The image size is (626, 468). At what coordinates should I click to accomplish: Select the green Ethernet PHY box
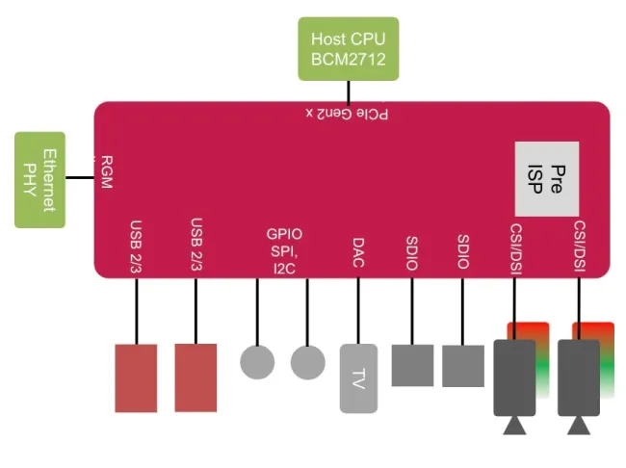point(39,180)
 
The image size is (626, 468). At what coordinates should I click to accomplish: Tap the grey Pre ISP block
point(546,178)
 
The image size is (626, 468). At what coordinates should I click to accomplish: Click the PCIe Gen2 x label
point(349,114)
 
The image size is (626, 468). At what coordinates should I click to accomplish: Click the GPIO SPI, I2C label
point(284,249)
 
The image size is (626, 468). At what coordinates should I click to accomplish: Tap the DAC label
point(357,252)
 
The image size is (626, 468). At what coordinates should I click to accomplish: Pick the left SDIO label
point(412,252)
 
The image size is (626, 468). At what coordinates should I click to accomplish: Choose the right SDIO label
point(463,252)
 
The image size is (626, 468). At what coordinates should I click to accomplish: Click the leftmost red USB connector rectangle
point(136,377)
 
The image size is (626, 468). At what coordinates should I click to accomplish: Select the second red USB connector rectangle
point(196,377)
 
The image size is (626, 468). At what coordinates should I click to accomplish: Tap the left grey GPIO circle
point(257,362)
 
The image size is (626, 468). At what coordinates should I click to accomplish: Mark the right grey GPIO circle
point(308,362)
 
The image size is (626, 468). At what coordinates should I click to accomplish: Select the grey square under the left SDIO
point(412,365)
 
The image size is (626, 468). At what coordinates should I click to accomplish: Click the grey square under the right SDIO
point(463,365)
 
